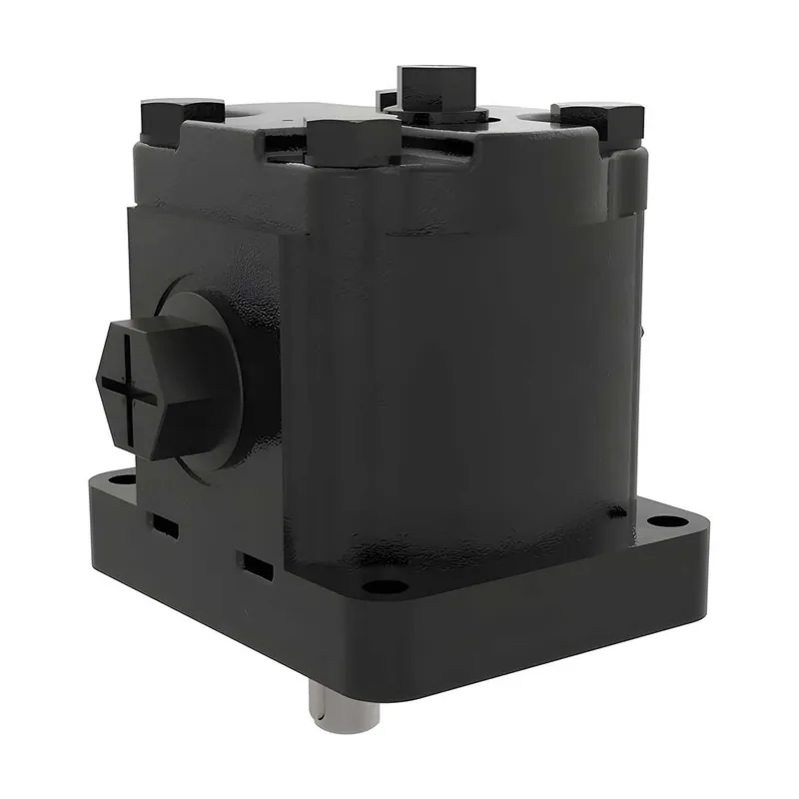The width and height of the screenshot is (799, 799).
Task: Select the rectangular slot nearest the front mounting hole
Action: pos(256,564)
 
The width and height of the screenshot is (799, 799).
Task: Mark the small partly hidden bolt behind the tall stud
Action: pos(385,98)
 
